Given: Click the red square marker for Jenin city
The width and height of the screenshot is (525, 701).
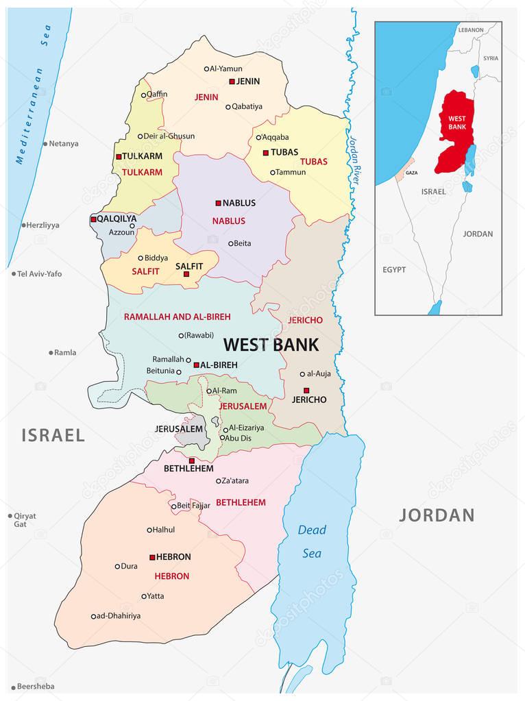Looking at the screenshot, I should tap(232, 81).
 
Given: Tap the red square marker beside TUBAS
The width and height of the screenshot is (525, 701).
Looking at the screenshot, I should tap(265, 152).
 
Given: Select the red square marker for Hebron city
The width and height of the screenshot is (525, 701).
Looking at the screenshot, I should tap(152, 557).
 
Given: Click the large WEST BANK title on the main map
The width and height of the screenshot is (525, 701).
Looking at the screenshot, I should tap(271, 344).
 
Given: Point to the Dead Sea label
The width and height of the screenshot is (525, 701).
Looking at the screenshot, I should tap(313, 541).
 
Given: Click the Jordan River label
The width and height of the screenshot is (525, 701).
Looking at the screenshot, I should tap(354, 157).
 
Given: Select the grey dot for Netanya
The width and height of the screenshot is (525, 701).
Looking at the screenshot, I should tap(45, 144).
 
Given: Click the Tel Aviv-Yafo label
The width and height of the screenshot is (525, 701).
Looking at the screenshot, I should tap(40, 273).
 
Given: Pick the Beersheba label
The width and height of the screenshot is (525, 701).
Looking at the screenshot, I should tap(36, 686).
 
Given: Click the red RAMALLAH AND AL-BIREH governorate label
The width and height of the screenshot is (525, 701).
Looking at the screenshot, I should tap(177, 317).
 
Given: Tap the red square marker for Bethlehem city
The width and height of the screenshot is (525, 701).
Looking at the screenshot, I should tap(192, 460).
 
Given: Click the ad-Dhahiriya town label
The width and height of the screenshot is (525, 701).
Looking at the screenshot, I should tap(119, 616).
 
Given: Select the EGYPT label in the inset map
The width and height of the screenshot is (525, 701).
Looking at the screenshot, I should tap(393, 270).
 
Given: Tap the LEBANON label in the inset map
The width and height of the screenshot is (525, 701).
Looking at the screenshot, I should tap(471, 30).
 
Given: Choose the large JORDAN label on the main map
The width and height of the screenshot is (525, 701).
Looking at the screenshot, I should tap(437, 515).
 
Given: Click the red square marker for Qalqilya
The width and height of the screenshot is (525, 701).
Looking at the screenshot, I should tap(93, 219).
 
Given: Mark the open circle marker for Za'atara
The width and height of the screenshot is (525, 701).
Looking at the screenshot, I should tap(219, 481).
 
